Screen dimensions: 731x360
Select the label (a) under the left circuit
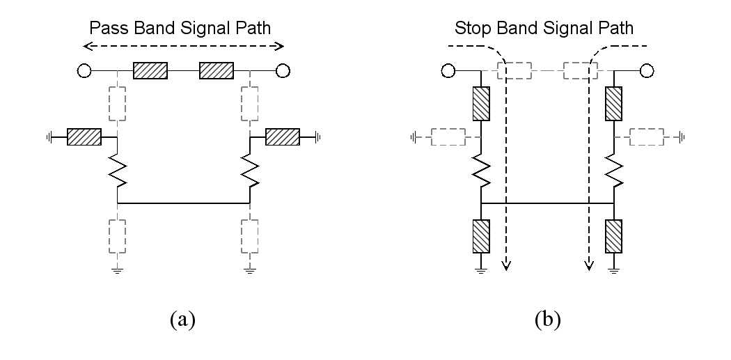[182, 320]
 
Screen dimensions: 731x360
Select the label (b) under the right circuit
[548, 320]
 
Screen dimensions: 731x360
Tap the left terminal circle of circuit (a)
[84, 71]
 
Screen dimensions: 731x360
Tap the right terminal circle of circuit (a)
[283, 71]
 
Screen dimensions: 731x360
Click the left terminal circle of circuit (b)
[448, 71]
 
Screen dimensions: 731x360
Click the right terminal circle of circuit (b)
[647, 71]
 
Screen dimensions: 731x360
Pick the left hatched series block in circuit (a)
[150, 70]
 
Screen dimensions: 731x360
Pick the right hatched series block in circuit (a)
[217, 70]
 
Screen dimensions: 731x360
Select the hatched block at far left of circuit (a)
[84, 137]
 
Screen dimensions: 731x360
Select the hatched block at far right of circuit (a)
[283, 137]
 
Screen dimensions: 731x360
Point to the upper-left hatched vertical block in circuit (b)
[481, 104]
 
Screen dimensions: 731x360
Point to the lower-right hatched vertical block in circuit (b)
[613, 237]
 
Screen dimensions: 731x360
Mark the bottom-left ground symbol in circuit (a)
[117, 270]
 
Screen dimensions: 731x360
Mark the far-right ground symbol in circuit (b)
[682, 137]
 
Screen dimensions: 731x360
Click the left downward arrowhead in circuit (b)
[506, 266]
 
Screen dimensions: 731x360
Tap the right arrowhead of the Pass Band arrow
[279, 46]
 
